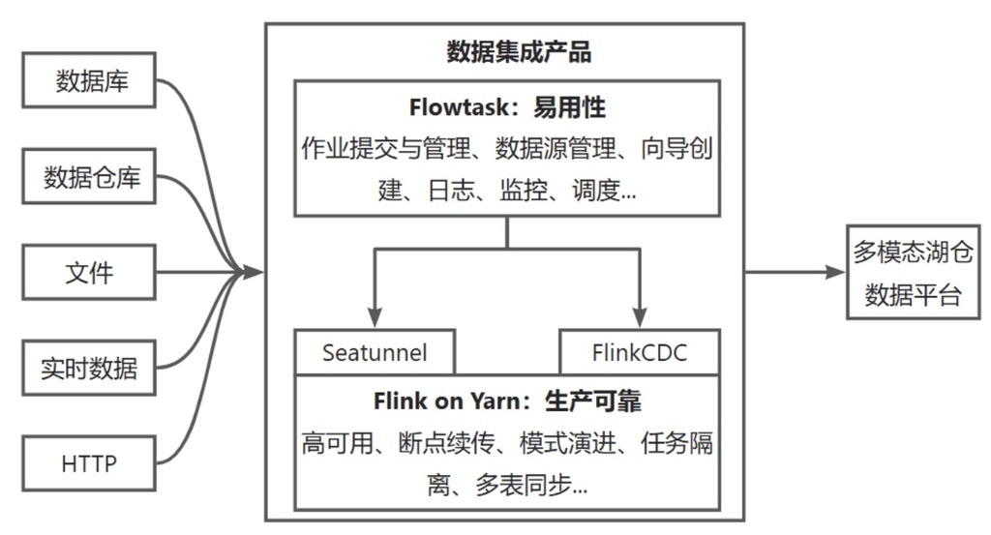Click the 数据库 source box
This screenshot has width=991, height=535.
[x=91, y=82]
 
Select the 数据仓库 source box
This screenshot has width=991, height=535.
[x=91, y=177]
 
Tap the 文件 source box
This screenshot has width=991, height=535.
[x=91, y=273]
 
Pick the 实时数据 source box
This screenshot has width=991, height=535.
[x=91, y=368]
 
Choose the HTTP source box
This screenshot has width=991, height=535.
[x=91, y=463]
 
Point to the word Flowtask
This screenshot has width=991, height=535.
[x=454, y=106]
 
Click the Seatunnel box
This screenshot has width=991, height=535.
[x=375, y=352]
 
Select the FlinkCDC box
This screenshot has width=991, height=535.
[x=639, y=352]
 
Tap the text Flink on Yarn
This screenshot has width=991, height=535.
[x=446, y=401]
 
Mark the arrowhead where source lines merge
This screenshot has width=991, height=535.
[x=254, y=273]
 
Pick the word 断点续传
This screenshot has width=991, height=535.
[x=452, y=444]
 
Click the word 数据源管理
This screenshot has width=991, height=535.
[x=555, y=149]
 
